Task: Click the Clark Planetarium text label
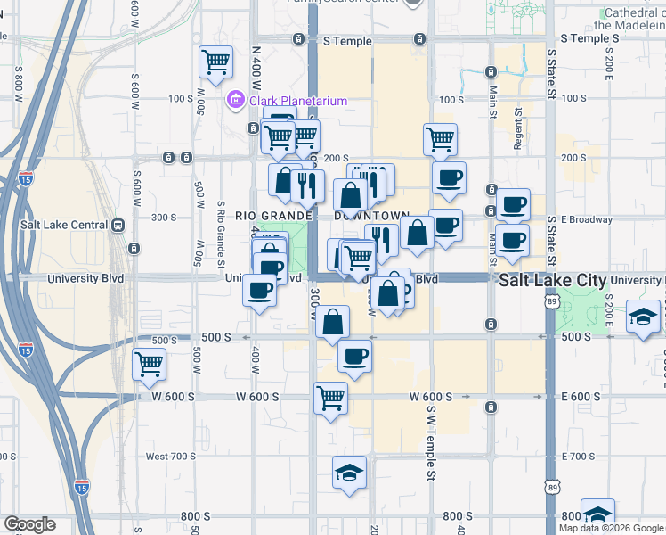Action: pos(297,101)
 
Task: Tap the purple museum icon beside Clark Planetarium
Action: pos(236,100)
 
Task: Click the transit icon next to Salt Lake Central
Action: pos(118,226)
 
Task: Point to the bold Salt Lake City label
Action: pos(552,280)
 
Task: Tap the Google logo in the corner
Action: pos(29,524)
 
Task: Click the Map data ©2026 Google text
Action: pos(611,528)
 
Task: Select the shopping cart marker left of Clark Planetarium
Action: pos(215,62)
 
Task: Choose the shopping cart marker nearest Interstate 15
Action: pos(149,364)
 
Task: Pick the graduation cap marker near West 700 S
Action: pos(349,472)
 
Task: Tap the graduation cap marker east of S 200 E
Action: pos(643,317)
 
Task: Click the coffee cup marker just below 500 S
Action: pos(354,357)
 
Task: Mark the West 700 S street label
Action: pos(170,457)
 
